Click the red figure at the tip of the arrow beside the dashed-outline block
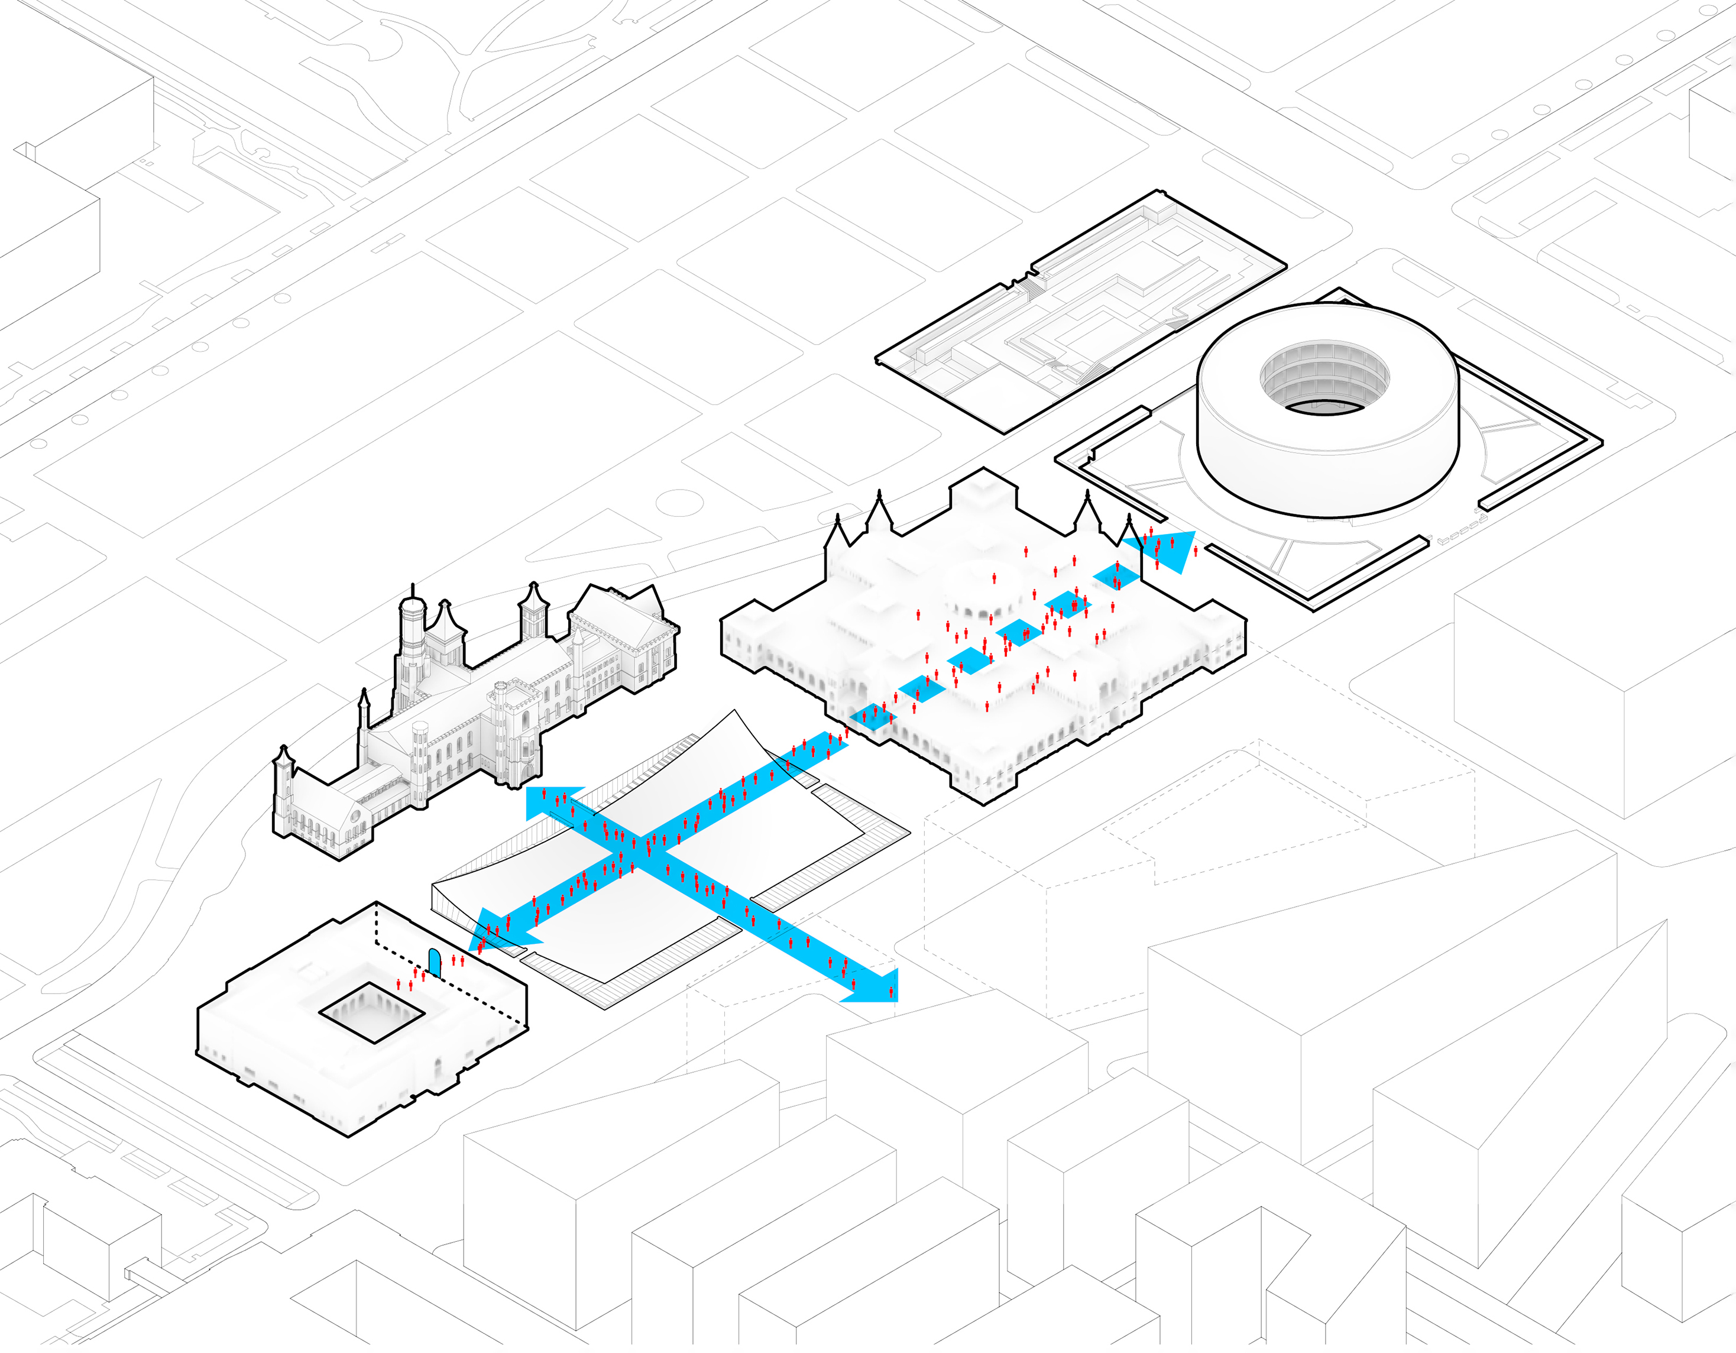[891, 991]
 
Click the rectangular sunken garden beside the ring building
[1080, 315]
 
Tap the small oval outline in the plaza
[679, 503]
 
